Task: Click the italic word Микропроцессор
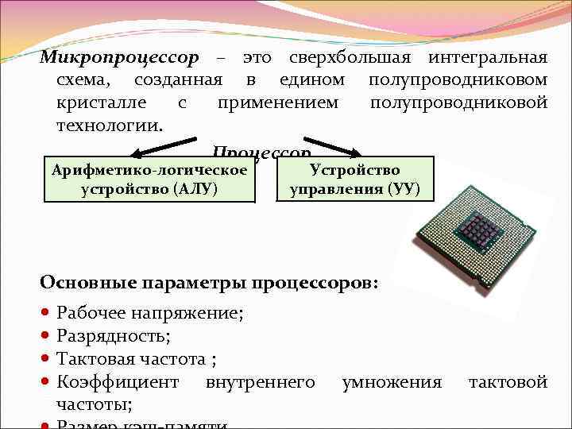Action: (118, 58)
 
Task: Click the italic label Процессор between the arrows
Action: (261, 151)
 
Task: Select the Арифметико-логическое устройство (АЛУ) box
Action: (150, 180)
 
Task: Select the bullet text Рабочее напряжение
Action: (150, 314)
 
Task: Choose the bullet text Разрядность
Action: (113, 337)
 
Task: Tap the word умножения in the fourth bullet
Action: (391, 382)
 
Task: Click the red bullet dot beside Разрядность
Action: (47, 337)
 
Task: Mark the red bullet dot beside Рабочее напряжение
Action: (47, 314)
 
